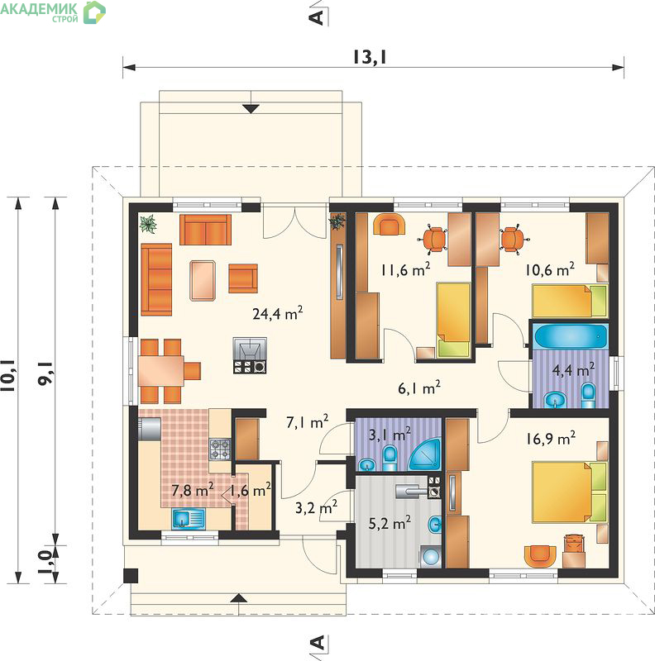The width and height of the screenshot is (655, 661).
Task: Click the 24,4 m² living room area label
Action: tap(277, 313)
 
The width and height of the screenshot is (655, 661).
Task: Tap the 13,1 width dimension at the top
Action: tap(370, 57)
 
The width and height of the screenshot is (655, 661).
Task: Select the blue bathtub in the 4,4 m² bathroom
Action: tap(570, 336)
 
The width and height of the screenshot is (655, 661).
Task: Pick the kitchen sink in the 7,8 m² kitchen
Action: tap(189, 518)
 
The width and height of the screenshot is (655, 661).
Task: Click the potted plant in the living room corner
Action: tap(148, 223)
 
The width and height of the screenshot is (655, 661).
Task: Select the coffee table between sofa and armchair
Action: tap(203, 280)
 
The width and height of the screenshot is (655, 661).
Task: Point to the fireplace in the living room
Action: tap(250, 355)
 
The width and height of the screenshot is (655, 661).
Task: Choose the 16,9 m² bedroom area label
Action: tap(550, 439)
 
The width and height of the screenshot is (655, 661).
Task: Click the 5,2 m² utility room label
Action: tap(390, 523)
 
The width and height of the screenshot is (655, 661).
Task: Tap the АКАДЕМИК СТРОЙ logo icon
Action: tap(94, 12)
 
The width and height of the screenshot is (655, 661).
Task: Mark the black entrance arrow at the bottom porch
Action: tap(239, 597)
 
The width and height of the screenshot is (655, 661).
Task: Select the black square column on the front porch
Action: tap(131, 576)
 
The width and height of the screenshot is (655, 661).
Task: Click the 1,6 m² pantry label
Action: tap(251, 490)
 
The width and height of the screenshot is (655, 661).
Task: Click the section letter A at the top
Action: tap(317, 17)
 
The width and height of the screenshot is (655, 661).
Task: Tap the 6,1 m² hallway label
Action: tap(419, 388)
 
